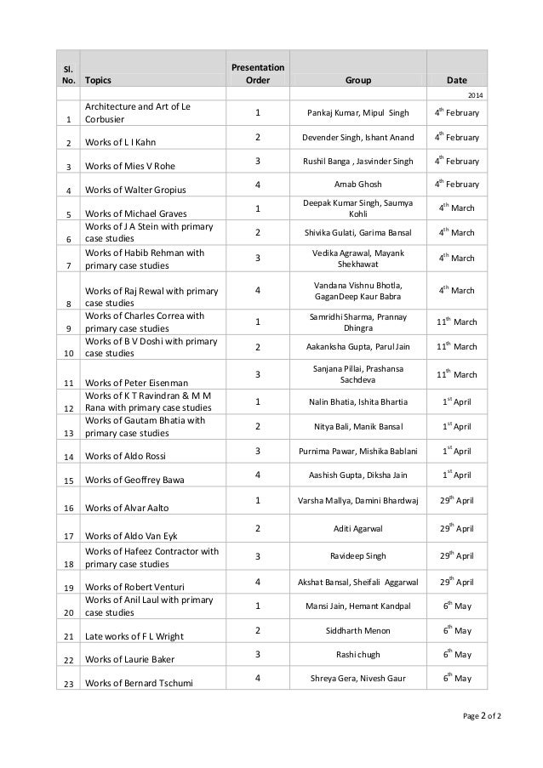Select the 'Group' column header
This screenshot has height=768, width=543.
tap(358, 82)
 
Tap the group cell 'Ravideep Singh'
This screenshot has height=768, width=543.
tap(357, 555)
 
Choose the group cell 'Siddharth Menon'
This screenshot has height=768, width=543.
tap(357, 631)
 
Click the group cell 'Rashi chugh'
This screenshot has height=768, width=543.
tap(357, 654)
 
